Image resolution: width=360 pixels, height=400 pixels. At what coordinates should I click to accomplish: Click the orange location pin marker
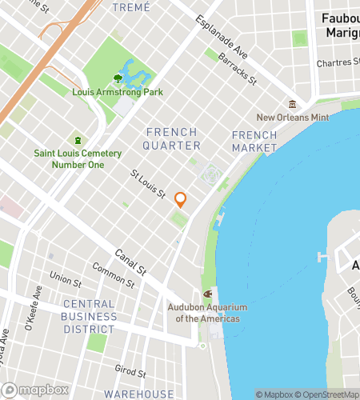coord(181,199)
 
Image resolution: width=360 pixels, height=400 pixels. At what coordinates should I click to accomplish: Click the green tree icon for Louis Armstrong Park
coord(118,78)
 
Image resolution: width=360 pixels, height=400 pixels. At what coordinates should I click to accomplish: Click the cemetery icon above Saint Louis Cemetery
coord(78,140)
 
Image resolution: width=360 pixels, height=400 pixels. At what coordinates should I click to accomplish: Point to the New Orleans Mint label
coord(292,118)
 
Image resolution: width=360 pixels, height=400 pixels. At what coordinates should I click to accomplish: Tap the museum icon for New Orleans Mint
coord(292,104)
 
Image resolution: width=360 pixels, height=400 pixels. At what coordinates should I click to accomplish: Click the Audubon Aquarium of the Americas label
coord(207,314)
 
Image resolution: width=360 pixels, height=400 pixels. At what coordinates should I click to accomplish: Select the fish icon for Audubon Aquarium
coord(207,294)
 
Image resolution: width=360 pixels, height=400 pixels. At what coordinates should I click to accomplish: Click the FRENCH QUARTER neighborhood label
coord(172,138)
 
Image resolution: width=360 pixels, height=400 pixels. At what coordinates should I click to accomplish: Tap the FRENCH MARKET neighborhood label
coord(254,142)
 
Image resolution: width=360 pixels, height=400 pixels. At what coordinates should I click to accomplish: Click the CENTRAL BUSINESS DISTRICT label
coord(89,316)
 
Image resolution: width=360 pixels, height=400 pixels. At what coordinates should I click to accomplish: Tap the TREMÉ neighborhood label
coord(130,7)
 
